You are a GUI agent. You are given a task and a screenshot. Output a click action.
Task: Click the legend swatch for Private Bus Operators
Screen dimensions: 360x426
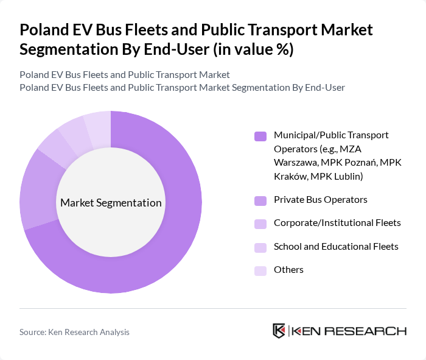pyautogui.click(x=260, y=200)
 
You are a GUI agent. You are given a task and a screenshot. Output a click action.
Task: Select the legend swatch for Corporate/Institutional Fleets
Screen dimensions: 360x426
pyautogui.click(x=260, y=223)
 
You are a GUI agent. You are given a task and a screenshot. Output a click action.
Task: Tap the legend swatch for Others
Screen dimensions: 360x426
pyautogui.click(x=260, y=270)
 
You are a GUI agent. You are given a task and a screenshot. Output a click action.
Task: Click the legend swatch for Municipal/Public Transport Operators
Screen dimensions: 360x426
pyautogui.click(x=260, y=135)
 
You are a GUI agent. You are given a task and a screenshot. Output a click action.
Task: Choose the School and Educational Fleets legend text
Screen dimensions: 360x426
pyautogui.click(x=336, y=246)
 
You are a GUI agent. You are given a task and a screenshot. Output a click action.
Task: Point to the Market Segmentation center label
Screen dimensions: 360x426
pyautogui.click(x=111, y=203)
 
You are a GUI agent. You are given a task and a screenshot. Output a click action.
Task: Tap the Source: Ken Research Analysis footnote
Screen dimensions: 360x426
pyautogui.click(x=74, y=332)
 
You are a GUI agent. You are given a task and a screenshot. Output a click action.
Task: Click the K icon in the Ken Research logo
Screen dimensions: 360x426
pyautogui.click(x=279, y=331)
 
